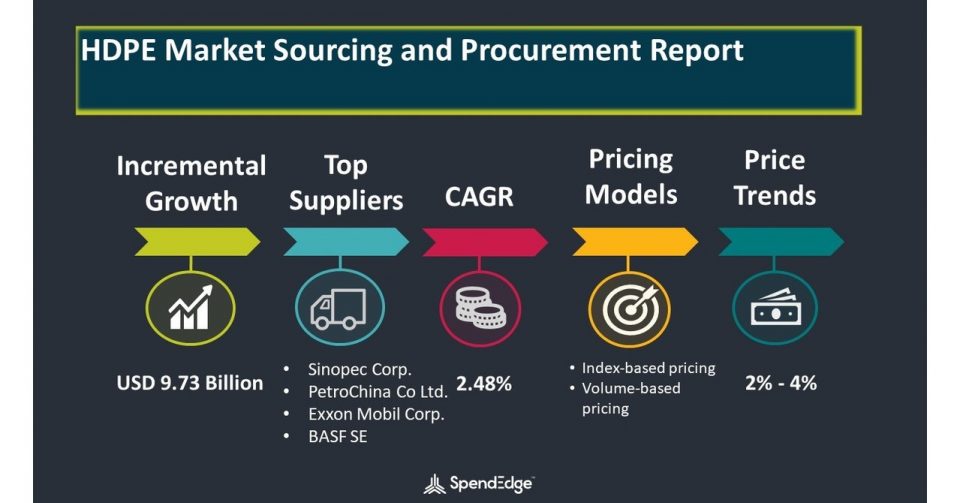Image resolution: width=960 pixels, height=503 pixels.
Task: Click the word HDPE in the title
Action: pos(119,50)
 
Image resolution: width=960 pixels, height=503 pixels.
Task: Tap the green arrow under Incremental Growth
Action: pos(197,242)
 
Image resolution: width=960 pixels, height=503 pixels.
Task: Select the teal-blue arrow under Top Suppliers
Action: pos(346,242)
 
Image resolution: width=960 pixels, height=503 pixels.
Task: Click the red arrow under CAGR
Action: pos(485,242)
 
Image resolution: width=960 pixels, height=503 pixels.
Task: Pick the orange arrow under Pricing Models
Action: pos(635,242)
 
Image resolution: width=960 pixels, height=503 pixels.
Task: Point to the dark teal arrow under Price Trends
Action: pos(781,242)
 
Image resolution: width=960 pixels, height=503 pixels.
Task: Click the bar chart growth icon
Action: pos(190,307)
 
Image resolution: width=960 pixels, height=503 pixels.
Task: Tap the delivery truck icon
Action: pos(339,309)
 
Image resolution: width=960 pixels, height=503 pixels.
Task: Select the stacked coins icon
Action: pos(481,308)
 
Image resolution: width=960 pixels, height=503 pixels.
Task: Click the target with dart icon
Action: pos(630,308)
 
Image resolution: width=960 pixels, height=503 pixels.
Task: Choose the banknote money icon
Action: pos(776,308)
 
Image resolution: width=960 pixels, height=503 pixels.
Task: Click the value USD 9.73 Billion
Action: pos(190,383)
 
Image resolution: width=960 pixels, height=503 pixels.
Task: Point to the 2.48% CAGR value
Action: pos(484,384)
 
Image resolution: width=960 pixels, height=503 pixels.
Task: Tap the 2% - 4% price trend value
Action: pos(781,383)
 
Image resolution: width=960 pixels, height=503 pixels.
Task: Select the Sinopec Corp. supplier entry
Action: pos(360,370)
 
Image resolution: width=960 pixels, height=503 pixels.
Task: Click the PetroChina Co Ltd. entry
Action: pos(378,392)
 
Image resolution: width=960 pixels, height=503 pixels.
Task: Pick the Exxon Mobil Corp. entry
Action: pos(376,414)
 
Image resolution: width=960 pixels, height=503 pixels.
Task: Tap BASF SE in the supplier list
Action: pos(338,436)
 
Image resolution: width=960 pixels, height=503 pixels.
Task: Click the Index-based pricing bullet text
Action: pos(648,368)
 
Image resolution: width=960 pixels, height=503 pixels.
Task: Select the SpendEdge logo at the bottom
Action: pos(478,484)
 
